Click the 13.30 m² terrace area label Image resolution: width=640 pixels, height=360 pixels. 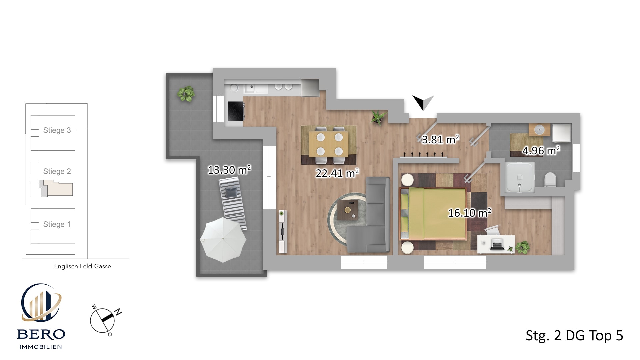click(229, 170)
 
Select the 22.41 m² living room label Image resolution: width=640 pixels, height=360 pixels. click(337, 173)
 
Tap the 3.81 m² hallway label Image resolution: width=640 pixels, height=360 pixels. click(440, 139)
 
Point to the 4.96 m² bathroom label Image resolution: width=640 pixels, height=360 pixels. click(541, 150)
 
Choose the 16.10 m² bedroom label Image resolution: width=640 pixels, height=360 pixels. click(469, 213)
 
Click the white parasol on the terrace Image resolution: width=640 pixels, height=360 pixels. click(223, 239)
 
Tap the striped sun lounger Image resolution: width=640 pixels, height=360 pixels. click(232, 203)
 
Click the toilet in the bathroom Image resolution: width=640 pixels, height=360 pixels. click(550, 180)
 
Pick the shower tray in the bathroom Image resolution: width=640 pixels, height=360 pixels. click(520, 177)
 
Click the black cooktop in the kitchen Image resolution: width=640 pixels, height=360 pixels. click(236, 111)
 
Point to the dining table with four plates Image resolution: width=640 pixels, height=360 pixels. click(329, 144)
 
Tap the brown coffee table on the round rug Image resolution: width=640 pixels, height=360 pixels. click(348, 210)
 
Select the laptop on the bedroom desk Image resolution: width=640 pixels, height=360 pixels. click(497, 245)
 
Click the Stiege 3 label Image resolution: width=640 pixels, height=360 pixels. click(57, 130)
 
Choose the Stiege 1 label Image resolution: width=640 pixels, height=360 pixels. click(57, 224)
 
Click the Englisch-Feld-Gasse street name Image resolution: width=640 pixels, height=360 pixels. click(83, 266)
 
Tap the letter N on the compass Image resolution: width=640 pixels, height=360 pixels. click(118, 312)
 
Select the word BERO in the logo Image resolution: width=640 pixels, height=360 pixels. click(41, 334)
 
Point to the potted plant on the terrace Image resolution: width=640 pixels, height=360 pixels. click(186, 94)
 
